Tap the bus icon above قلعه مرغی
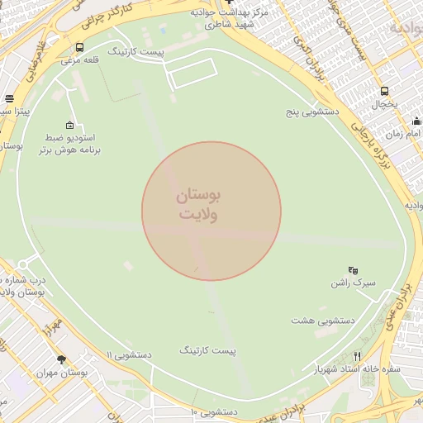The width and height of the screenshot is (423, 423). click(x=79, y=47)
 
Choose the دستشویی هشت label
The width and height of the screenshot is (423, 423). click(x=324, y=320)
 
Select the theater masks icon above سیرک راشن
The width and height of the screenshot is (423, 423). click(x=353, y=269)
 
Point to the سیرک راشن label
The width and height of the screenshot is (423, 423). click(x=353, y=283)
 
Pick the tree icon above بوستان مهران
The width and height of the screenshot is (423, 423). click(x=61, y=359)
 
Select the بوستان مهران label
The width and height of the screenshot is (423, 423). click(x=61, y=373)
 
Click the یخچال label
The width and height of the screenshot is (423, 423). click(x=383, y=105)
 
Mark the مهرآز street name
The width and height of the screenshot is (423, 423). click(x=55, y=321)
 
